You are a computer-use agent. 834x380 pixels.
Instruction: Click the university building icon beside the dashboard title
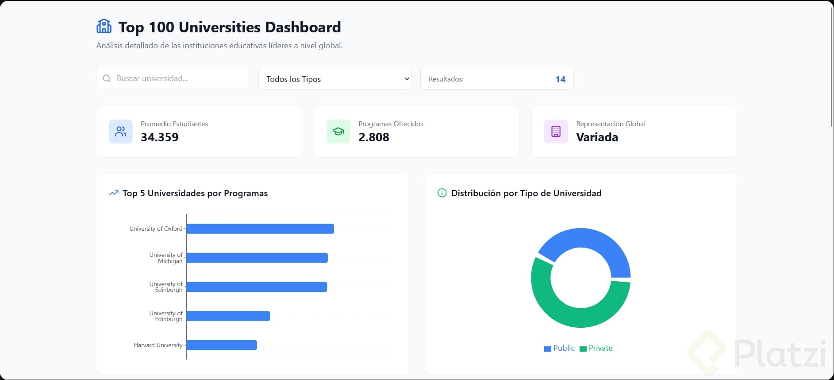(x=104, y=27)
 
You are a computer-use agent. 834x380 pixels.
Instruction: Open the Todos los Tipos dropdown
(x=335, y=79)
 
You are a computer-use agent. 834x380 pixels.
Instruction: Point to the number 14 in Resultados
(x=560, y=79)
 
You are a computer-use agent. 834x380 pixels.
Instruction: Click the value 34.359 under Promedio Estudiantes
(x=159, y=137)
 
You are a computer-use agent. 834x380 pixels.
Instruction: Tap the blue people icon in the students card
(x=121, y=132)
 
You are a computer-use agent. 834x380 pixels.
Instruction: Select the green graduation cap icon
(x=338, y=132)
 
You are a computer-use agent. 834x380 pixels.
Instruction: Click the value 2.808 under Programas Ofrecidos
(x=374, y=137)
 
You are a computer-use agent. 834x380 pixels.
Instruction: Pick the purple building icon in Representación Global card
(x=556, y=132)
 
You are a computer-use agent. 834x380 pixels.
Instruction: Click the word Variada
(x=597, y=137)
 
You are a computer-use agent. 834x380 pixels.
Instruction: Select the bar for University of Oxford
(x=260, y=229)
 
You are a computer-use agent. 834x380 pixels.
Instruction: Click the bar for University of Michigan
(x=257, y=258)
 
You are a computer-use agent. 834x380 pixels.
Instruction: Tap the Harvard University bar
(x=222, y=345)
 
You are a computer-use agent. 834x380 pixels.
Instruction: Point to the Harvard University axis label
(x=158, y=345)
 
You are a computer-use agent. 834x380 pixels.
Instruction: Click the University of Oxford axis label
(x=156, y=229)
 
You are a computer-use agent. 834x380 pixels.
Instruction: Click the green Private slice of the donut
(x=571, y=315)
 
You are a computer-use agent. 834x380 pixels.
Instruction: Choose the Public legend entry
(x=560, y=348)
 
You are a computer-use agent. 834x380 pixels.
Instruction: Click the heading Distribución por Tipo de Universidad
(x=526, y=193)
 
